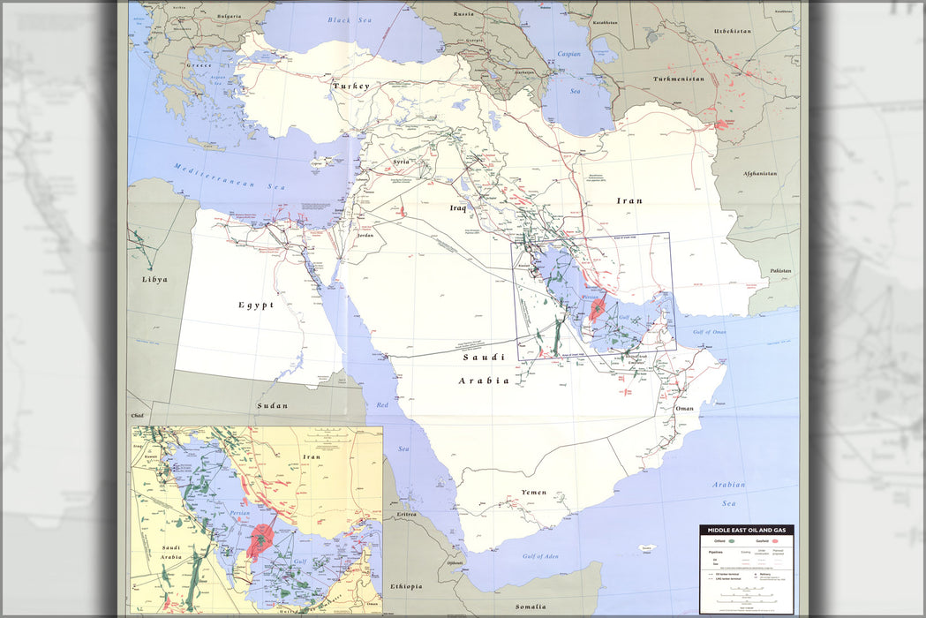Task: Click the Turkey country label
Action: tap(350, 87)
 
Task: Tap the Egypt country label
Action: tap(255, 305)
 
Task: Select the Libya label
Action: tap(154, 279)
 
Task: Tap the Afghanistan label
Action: tap(757, 174)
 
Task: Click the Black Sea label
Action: tap(351, 19)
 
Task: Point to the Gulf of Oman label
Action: tap(709, 331)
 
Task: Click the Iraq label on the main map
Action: tap(457, 208)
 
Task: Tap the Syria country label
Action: tap(401, 162)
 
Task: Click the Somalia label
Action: tap(531, 607)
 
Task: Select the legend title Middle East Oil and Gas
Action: tap(746, 530)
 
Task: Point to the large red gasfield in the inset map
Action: tap(260, 540)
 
